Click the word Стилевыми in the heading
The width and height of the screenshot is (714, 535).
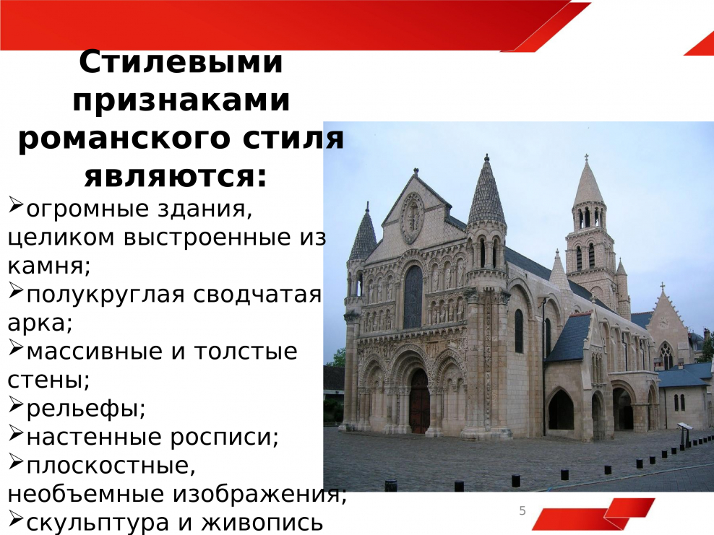pyautogui.click(x=180, y=63)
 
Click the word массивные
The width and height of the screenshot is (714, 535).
pyautogui.click(x=90, y=352)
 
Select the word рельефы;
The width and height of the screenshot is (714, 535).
pyautogui.click(x=85, y=409)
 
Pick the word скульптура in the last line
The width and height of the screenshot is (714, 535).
pyautogui.click(x=96, y=522)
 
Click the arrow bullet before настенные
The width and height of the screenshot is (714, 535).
pyautogui.click(x=16, y=435)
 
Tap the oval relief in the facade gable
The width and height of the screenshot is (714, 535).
pyautogui.click(x=413, y=217)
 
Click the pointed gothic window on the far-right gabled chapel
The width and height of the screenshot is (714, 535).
pyautogui.click(x=665, y=355)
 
